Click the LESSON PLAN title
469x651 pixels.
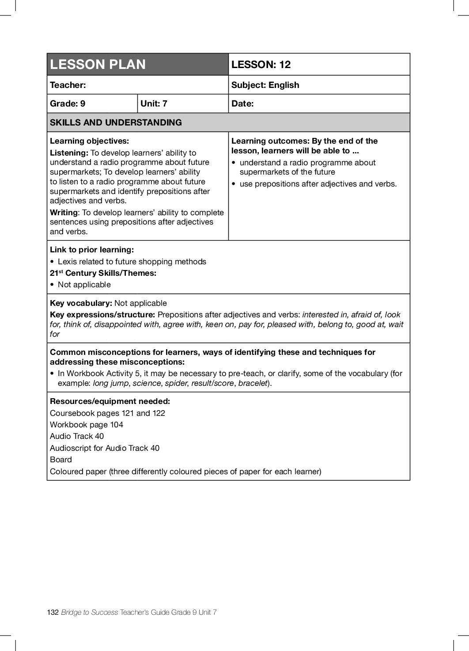98,65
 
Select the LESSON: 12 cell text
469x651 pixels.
261,65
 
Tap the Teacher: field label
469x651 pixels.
68,85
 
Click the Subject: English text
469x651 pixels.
265,85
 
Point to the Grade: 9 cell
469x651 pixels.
68,103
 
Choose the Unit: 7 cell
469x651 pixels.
154,103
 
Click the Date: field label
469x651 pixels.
242,103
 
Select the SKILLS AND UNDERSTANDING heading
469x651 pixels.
116,122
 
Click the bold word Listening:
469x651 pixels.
69,153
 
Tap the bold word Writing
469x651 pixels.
64,213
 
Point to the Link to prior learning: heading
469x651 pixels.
92,250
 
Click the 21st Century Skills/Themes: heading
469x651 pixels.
103,273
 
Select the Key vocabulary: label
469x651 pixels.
81,303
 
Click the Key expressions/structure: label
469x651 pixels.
102,315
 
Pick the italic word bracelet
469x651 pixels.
253,383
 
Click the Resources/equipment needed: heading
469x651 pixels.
110,401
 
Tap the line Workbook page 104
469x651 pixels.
87,425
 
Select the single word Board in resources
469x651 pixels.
61,460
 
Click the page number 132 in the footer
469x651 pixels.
53,612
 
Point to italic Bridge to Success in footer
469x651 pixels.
90,612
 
